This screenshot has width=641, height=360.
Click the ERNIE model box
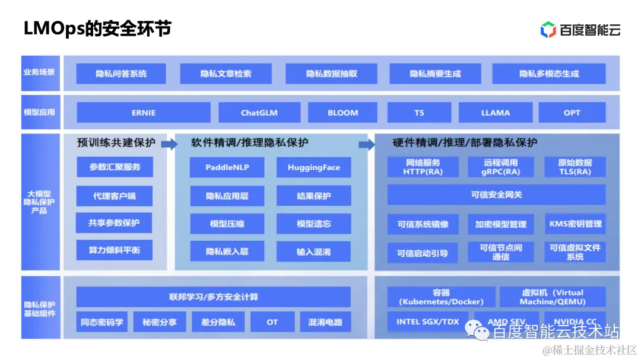(x=144, y=113)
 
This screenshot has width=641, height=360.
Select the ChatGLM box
(x=259, y=113)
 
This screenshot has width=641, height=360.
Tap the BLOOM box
(x=343, y=113)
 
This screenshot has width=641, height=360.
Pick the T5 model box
(x=419, y=113)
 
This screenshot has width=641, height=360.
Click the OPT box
(x=572, y=113)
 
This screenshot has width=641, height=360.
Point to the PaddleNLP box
(x=227, y=167)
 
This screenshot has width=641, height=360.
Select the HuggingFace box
(x=313, y=167)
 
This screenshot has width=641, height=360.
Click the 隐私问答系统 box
(x=121, y=74)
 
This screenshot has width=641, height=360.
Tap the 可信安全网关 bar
(x=496, y=195)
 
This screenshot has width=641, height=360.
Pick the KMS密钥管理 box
(x=575, y=224)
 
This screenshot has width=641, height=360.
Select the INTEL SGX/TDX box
(x=427, y=321)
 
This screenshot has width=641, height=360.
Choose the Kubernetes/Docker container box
(x=441, y=297)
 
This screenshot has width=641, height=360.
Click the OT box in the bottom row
(x=272, y=322)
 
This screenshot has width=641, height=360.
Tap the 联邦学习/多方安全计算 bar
(x=214, y=297)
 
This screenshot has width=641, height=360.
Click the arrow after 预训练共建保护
(x=169, y=143)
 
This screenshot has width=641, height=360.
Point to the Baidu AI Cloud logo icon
(x=548, y=30)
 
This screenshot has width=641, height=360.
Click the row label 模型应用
(x=39, y=112)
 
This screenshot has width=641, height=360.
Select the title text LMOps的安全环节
(x=97, y=28)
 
